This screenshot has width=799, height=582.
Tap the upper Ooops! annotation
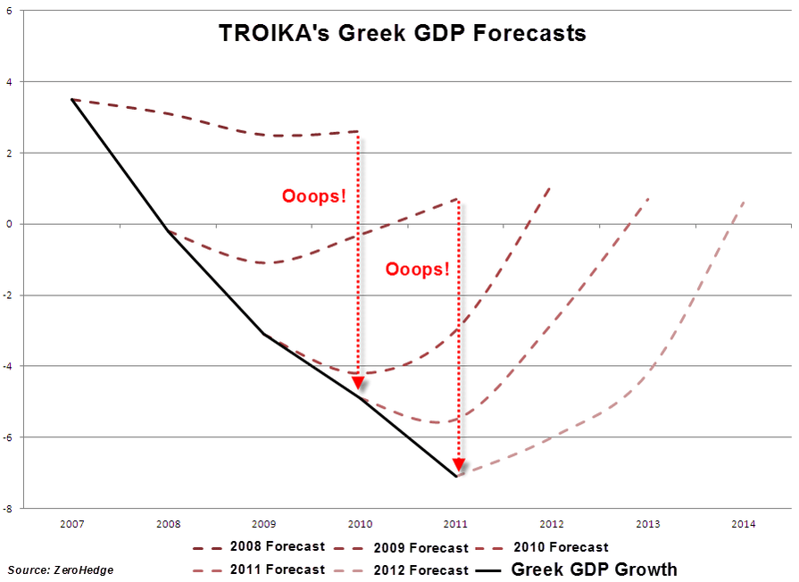(313, 196)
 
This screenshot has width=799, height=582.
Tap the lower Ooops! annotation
(418, 269)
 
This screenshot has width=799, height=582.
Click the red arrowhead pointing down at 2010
(358, 382)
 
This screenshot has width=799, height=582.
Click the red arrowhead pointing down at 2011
(458, 464)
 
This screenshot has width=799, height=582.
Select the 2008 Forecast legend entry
(259, 546)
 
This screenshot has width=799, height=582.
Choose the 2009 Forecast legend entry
(403, 547)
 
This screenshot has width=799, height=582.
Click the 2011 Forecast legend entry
(259, 570)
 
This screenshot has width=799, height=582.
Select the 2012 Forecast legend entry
(403, 570)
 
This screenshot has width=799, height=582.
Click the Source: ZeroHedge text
(61, 570)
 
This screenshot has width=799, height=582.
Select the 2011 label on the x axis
(455, 524)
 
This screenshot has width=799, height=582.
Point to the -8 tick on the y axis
(8, 509)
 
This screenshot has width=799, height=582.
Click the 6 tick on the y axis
(9, 11)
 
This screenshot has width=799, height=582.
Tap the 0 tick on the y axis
(9, 224)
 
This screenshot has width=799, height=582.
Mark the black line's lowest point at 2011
(456, 477)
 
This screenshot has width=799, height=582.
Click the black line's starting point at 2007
(71, 99)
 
